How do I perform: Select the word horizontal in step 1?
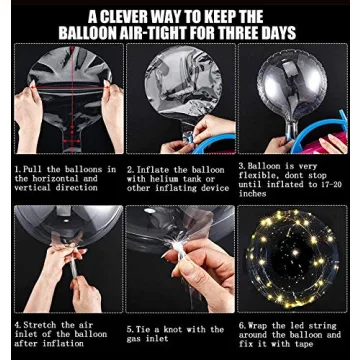point(55,178)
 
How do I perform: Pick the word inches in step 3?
point(252,194)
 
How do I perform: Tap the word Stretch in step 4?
point(40,325)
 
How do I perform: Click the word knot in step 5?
point(187,330)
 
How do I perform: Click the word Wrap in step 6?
point(258,325)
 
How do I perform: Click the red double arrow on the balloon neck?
point(71,141)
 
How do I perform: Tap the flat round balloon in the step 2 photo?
point(183,83)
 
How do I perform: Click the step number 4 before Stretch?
point(17,325)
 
